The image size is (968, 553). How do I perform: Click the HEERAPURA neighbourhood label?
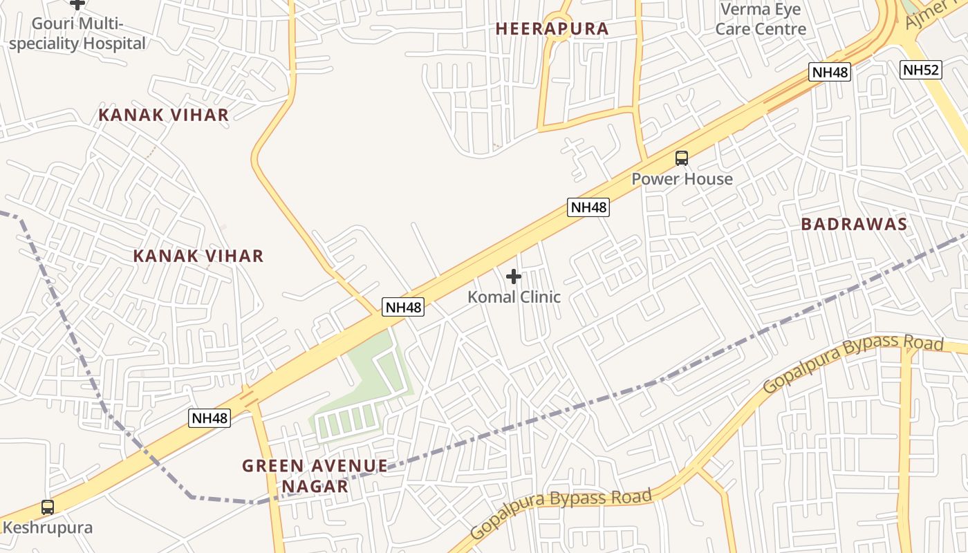(x=552, y=29)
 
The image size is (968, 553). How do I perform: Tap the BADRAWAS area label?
(x=854, y=225)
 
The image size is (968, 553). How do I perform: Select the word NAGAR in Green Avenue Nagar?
(x=315, y=487)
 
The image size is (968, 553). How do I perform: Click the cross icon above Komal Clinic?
(x=514, y=277)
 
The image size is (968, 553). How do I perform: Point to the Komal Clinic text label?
(x=514, y=297)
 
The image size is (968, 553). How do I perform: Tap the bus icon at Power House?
(x=682, y=158)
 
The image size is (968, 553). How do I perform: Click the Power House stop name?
(x=682, y=179)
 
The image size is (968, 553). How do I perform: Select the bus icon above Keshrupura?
(x=47, y=507)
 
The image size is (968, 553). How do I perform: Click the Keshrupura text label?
(x=47, y=528)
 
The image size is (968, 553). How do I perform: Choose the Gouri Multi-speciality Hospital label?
(x=77, y=34)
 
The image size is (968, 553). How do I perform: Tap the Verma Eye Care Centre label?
(x=761, y=19)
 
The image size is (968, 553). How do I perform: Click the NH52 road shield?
(x=921, y=69)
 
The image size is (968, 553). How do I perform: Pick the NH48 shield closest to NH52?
(x=829, y=72)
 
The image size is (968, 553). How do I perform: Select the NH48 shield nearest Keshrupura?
(x=209, y=418)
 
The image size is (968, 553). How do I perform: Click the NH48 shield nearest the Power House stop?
(x=588, y=207)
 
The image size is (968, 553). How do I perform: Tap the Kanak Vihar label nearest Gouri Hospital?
(x=163, y=115)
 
